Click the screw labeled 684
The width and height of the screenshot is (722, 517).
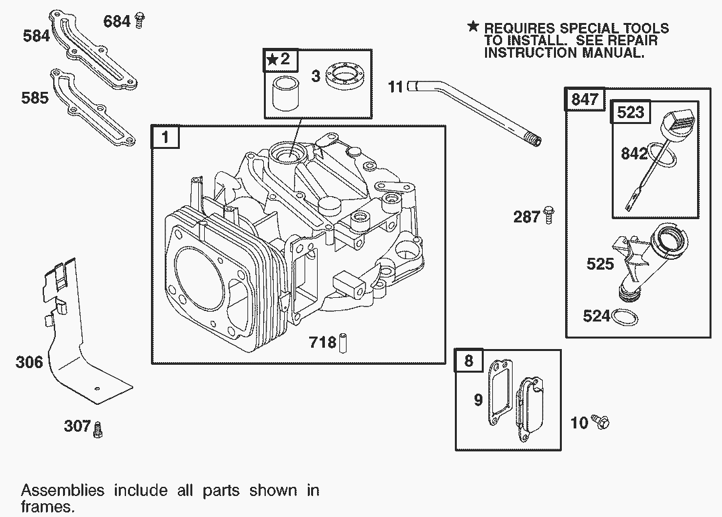[138, 21]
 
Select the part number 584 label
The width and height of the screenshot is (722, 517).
[36, 35]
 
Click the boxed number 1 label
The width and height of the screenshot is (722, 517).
[165, 138]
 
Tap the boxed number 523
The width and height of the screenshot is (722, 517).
[631, 112]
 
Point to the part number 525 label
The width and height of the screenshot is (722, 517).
[600, 264]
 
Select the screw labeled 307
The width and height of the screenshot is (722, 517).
[98, 430]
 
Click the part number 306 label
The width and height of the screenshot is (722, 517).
[30, 362]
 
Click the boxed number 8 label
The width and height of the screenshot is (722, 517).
[469, 361]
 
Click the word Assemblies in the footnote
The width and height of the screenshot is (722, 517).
[62, 491]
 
